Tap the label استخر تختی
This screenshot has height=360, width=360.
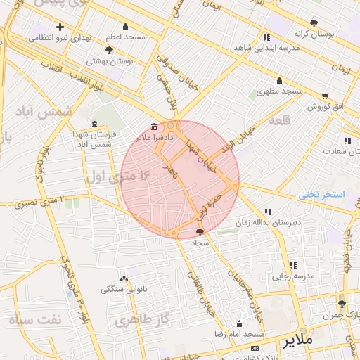coord(323,194)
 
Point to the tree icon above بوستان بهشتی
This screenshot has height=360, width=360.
coord(108,50)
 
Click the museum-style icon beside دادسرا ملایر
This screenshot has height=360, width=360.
coord(154,127)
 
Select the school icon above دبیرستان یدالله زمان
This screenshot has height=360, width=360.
coord(268,211)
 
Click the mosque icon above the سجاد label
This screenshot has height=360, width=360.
coord(200,231)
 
